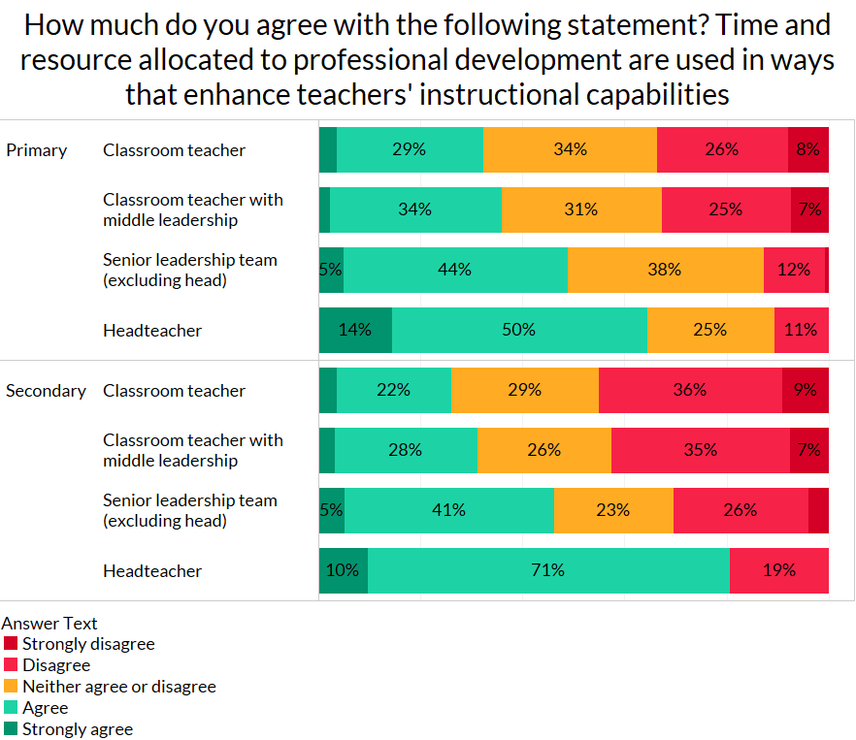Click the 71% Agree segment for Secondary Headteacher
[x=548, y=570]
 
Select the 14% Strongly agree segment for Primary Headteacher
[x=355, y=330]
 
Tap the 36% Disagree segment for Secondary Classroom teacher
[x=690, y=390]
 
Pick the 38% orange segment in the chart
[x=665, y=270]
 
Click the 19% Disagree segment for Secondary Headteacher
[x=778, y=570]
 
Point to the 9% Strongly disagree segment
[x=806, y=390]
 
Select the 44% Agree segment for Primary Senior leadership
[x=454, y=270]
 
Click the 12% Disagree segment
[x=794, y=270]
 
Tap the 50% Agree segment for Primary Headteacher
[x=519, y=330]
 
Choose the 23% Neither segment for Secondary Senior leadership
[x=613, y=510]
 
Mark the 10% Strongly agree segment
[x=344, y=570]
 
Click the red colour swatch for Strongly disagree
[x=11, y=644]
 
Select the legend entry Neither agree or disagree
[x=118, y=687]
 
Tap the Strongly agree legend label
[x=78, y=729]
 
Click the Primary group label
[x=37, y=150]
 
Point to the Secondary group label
[x=46, y=391]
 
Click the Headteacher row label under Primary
[x=152, y=331]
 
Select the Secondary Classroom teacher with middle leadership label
[x=193, y=450]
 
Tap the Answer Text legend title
[x=49, y=624]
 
